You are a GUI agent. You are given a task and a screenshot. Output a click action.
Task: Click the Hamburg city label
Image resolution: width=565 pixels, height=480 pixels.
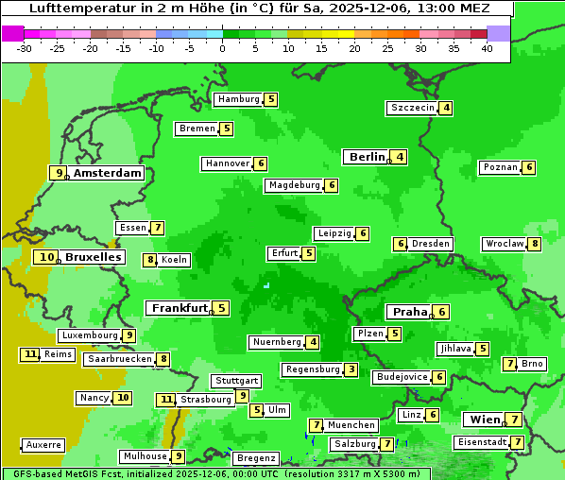238,99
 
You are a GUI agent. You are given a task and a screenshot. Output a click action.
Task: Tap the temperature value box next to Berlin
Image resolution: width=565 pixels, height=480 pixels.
401,157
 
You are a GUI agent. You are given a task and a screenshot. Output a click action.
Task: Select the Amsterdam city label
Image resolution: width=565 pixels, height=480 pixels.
107,173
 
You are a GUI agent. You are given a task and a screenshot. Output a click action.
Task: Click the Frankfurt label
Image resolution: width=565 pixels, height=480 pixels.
179,308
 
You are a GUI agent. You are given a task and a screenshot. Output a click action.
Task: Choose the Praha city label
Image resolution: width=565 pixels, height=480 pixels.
409,312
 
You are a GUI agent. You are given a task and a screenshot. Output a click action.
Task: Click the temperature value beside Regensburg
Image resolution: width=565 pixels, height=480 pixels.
351,369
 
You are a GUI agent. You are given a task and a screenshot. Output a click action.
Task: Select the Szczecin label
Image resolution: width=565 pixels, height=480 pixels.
413,108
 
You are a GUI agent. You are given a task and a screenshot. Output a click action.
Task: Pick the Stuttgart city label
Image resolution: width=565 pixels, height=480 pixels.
235,381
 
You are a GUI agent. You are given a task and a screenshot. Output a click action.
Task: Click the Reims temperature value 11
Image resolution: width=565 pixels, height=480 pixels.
30,354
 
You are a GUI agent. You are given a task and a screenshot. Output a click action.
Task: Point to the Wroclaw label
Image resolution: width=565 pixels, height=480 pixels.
504,244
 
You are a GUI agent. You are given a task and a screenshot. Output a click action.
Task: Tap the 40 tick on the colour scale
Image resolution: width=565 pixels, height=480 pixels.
487,49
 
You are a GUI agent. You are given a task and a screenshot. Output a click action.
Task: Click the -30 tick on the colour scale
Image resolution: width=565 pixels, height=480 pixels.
25,49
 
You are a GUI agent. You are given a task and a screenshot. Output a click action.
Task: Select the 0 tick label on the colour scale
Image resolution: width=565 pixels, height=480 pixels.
222,49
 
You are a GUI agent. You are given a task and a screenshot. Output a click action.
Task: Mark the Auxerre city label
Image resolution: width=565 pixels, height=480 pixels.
43,444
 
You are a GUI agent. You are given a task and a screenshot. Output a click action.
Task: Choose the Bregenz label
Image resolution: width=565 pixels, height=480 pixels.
255,458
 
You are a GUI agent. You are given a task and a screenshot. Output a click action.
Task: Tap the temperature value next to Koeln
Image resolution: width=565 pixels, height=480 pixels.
149,260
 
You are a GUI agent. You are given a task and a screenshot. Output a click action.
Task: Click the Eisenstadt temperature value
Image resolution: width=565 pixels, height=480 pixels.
518,442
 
